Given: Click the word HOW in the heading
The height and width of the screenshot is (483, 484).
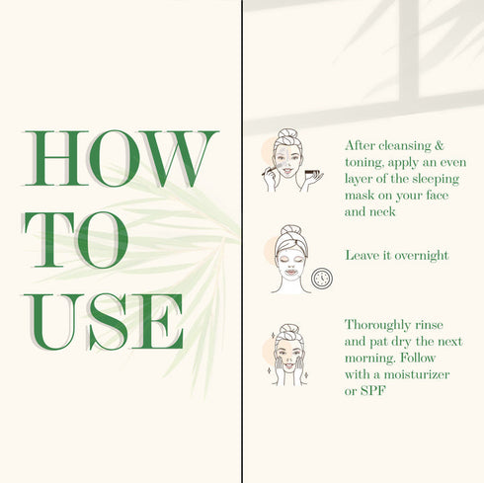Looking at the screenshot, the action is click(121, 158).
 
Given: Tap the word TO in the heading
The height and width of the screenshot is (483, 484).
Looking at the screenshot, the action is click(75, 240).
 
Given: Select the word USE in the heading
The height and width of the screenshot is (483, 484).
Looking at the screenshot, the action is click(103, 321).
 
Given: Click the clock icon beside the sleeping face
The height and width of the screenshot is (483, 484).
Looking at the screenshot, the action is click(322, 279).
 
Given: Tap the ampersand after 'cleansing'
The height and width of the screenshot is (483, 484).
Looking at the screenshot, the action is click(440, 145).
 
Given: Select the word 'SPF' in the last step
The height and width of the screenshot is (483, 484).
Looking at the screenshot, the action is click(372, 391).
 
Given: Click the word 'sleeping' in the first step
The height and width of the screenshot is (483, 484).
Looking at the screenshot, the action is click(436, 180).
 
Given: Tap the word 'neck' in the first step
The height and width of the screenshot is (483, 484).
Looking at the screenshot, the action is click(382, 211).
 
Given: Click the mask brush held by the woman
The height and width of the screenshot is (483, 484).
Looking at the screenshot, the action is click(271, 169).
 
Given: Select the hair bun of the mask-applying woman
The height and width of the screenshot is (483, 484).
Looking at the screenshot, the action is click(287, 133).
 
